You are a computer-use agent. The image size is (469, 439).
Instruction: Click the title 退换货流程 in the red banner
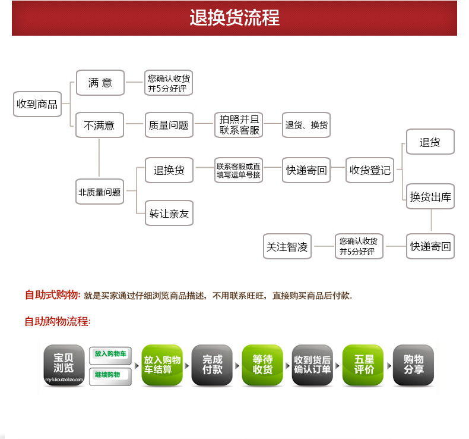click(x=235, y=17)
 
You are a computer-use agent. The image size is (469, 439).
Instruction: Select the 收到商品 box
click(x=37, y=104)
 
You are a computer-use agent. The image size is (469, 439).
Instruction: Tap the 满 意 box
click(x=100, y=83)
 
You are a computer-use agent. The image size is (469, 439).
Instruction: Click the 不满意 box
click(x=99, y=126)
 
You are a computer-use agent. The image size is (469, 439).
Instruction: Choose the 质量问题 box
click(x=169, y=126)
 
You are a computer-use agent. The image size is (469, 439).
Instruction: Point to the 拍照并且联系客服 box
click(x=239, y=125)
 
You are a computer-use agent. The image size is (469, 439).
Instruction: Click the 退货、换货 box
click(x=306, y=126)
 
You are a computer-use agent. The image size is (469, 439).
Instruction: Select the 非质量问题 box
click(x=99, y=192)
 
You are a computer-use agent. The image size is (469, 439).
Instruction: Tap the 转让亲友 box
click(x=169, y=213)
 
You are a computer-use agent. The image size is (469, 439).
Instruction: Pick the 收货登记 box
click(x=370, y=170)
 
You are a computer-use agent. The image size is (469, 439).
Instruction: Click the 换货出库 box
click(x=431, y=197)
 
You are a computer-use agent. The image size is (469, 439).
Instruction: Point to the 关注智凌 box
click(x=287, y=247)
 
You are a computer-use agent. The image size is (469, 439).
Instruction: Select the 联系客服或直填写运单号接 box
click(x=239, y=171)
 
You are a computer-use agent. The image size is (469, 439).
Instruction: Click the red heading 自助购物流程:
click(x=58, y=322)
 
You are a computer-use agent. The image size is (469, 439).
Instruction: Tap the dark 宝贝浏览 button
click(x=64, y=364)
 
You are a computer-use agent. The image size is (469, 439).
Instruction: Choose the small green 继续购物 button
click(x=110, y=375)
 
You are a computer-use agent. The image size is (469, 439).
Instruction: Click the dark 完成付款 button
click(x=212, y=364)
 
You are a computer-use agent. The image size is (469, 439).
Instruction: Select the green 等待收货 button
click(x=262, y=364)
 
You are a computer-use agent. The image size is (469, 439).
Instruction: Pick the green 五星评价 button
click(x=363, y=364)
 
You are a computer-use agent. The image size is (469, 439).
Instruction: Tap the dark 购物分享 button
click(x=414, y=364)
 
